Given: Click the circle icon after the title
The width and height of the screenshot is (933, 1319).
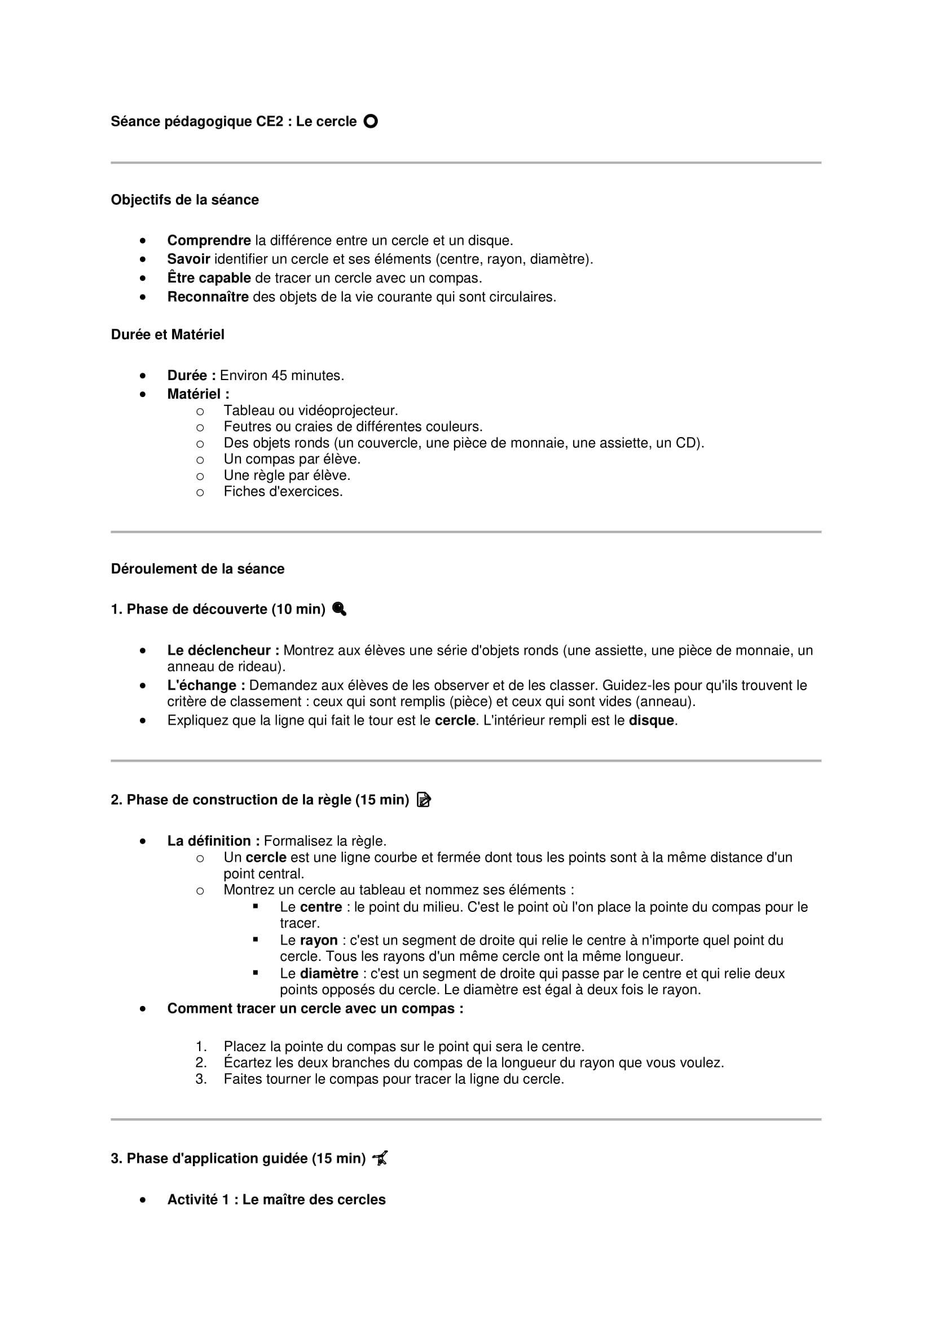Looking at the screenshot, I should point(371,121).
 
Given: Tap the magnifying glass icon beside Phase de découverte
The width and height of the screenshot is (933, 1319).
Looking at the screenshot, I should point(339,609).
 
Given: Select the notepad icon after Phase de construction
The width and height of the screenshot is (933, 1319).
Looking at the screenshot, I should point(424,800).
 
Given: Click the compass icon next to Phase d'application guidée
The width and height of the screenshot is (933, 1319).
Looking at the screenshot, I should point(380,1158).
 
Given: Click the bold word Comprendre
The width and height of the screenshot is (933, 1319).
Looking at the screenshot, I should point(209,240).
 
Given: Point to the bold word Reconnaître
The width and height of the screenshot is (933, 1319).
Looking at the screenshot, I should point(208,297).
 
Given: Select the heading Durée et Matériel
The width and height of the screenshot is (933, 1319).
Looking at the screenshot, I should point(167,334).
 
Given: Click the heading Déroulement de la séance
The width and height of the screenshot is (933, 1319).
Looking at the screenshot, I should point(197,569).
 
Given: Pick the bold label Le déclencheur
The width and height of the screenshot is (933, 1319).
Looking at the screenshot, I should point(223,650).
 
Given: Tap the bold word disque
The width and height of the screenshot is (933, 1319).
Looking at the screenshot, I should point(651,720).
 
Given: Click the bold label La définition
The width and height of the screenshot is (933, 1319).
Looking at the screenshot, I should point(213,841).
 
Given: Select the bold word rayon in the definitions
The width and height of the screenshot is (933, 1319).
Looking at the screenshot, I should point(318,941).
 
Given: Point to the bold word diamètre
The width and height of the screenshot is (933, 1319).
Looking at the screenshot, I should point(329,974).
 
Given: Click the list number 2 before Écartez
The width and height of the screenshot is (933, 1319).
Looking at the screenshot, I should point(201,1063).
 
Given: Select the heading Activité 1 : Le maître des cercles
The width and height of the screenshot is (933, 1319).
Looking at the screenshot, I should point(276,1199).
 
